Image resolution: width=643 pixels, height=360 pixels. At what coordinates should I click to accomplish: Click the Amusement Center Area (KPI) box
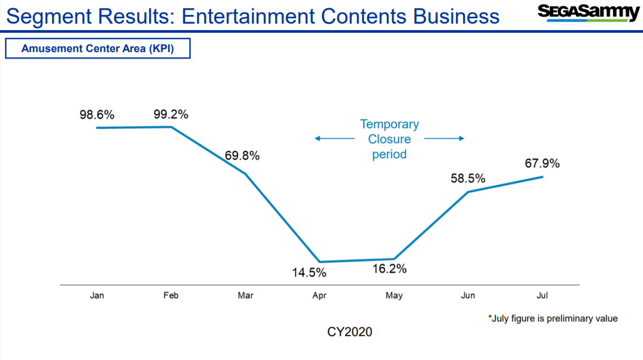(x=98, y=49)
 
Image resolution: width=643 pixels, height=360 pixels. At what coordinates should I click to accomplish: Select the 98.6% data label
(x=97, y=115)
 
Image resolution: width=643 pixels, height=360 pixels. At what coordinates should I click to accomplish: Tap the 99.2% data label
(x=171, y=114)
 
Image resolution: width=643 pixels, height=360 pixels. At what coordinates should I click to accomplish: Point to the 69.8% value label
(x=242, y=156)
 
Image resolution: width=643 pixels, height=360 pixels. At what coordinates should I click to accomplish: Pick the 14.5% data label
(x=309, y=273)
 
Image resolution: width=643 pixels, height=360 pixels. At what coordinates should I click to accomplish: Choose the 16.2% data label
(x=390, y=269)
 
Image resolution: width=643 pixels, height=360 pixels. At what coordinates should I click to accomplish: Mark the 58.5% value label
(x=468, y=178)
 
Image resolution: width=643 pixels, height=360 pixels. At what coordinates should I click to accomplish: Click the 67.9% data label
(x=542, y=163)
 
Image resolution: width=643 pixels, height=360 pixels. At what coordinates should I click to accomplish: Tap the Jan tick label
(x=97, y=296)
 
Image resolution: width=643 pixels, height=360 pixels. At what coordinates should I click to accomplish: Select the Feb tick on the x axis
(x=171, y=296)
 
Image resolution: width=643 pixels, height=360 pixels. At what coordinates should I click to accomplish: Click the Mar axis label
(x=245, y=296)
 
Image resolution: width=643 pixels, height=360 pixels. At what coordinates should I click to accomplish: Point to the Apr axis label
(x=320, y=296)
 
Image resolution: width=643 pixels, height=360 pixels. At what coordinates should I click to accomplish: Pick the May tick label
(x=394, y=296)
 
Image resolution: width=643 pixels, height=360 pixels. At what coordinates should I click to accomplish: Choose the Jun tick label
(x=468, y=296)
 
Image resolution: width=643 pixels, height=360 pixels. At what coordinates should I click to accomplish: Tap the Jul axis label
(x=542, y=296)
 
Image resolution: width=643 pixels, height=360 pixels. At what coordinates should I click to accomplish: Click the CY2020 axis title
(x=350, y=332)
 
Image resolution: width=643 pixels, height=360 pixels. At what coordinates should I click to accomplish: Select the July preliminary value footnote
(x=553, y=319)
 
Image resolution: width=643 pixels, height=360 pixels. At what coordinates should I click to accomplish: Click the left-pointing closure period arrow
(x=334, y=138)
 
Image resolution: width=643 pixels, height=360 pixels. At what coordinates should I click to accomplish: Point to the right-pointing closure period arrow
(x=444, y=138)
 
